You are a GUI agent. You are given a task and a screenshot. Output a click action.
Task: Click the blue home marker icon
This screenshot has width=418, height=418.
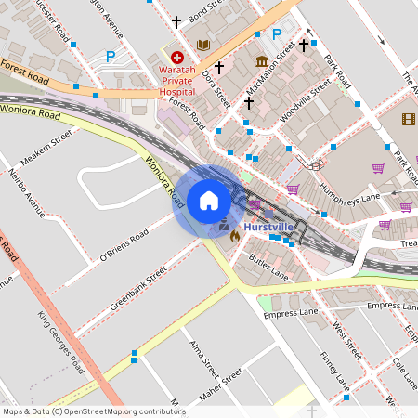208,201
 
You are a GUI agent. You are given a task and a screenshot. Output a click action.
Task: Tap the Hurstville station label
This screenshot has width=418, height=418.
269,227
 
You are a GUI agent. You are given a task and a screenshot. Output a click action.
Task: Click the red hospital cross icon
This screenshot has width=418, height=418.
176,58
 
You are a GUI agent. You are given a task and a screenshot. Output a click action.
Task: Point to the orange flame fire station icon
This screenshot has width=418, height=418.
234,236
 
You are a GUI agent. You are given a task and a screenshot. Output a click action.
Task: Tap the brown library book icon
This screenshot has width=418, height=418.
203,45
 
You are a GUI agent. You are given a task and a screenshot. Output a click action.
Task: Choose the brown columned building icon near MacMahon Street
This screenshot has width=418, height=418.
262,61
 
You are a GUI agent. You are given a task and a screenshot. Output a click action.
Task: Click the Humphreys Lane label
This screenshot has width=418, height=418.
345,189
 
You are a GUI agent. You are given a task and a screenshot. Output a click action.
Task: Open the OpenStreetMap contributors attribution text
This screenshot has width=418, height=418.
93,411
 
